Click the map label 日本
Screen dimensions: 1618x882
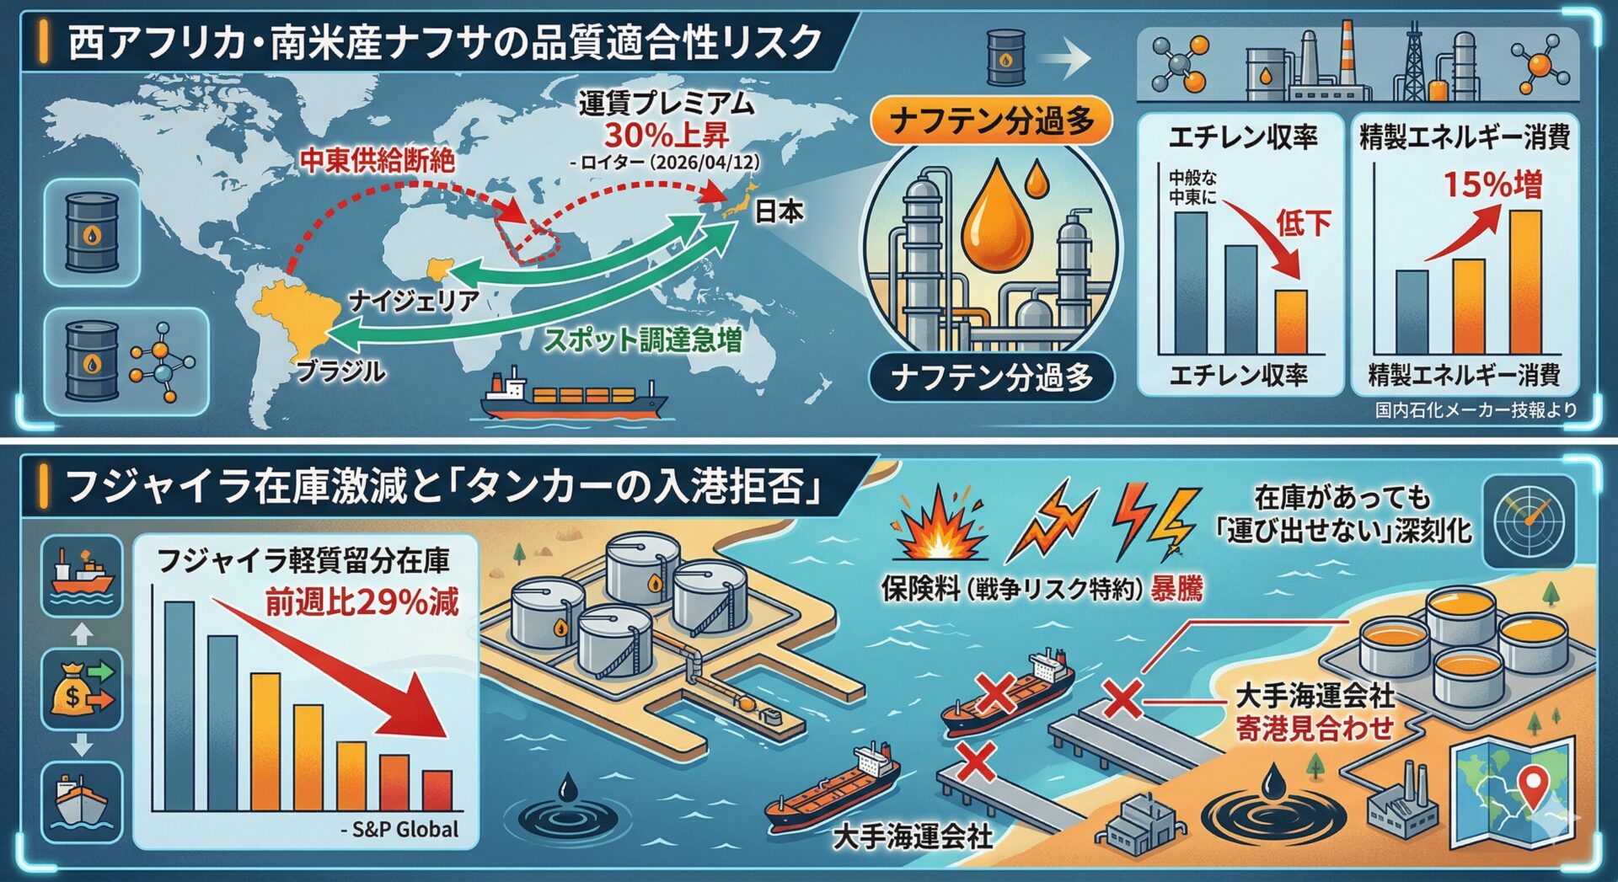(x=778, y=211)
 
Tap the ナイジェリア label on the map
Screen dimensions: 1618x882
(x=414, y=300)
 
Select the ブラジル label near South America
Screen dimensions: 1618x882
(x=341, y=371)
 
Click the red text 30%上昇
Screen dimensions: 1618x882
(x=667, y=135)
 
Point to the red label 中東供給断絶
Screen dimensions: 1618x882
(x=378, y=159)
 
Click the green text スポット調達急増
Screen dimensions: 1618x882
(x=642, y=339)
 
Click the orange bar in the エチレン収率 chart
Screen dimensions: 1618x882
(x=1290, y=322)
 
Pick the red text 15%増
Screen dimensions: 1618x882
(x=1493, y=184)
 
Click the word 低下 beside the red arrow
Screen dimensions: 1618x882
(x=1304, y=223)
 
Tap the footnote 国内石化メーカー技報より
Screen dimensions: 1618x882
(x=1476, y=410)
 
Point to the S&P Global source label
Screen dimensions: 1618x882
(x=399, y=829)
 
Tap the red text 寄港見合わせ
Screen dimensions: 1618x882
(x=1315, y=729)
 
